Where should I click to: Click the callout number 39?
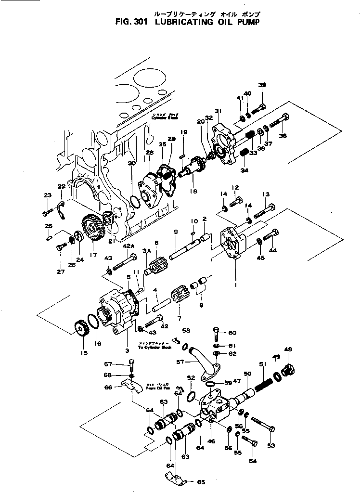tap(262, 85)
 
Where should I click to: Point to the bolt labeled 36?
tap(279, 120)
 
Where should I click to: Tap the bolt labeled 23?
tap(47, 212)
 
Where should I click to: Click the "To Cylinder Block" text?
tap(154, 347)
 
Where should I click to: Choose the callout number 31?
tap(218, 111)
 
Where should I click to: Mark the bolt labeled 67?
tap(130, 364)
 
